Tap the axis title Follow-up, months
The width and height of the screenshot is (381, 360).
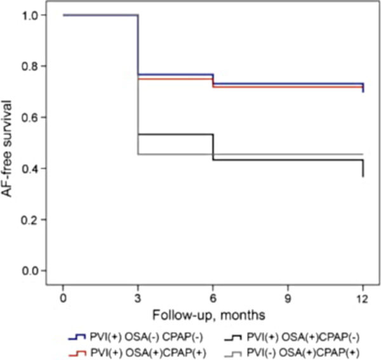tap(212, 314)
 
